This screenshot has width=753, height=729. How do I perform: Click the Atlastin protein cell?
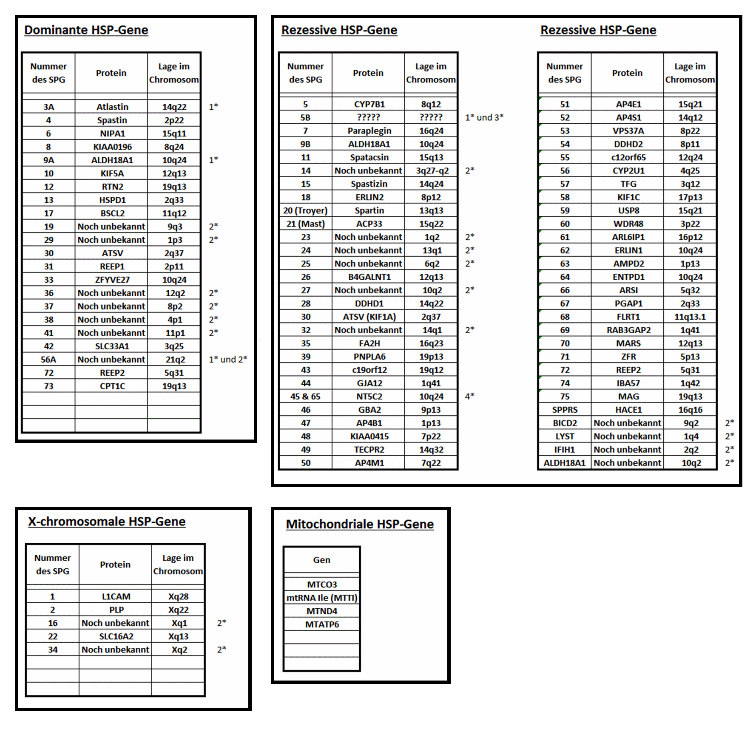(x=112, y=107)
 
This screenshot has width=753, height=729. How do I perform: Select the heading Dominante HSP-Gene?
(x=86, y=30)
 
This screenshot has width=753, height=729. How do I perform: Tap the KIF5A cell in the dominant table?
(x=112, y=173)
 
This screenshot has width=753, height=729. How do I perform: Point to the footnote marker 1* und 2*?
(x=228, y=359)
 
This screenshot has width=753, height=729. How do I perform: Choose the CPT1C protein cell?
(x=112, y=386)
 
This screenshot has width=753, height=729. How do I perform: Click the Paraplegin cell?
(x=369, y=131)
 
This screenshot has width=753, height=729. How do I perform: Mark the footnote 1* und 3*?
(x=484, y=117)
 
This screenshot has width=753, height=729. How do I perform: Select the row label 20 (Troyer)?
(x=305, y=210)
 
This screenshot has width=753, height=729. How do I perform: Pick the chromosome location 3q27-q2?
(x=432, y=170)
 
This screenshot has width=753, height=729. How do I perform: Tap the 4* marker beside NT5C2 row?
(x=469, y=396)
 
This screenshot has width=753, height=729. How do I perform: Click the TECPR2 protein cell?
(x=369, y=449)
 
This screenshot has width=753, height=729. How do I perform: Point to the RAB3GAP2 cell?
(x=628, y=330)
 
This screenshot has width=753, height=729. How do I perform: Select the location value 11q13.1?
(x=690, y=317)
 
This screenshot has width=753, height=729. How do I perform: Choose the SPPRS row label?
(x=565, y=410)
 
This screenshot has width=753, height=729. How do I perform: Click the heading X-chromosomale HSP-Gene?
(x=107, y=522)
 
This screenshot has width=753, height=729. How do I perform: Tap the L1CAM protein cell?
(x=116, y=596)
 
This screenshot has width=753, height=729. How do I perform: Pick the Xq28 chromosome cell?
(x=178, y=596)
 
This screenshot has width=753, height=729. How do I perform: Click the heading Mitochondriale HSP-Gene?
(x=360, y=524)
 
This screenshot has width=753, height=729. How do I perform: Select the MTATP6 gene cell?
(x=322, y=624)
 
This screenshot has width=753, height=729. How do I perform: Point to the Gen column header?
(x=321, y=560)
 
